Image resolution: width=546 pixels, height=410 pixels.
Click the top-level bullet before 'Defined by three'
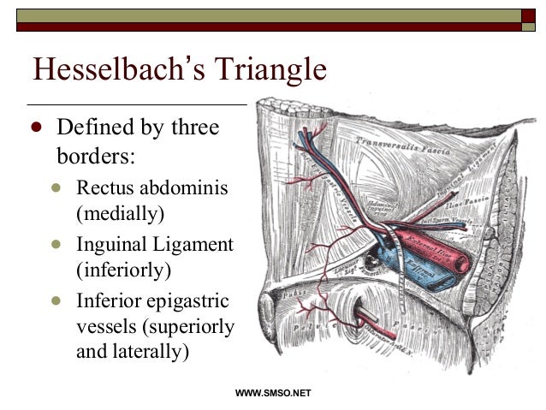pyautogui.click(x=36, y=128)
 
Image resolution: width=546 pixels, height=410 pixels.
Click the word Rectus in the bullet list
pyautogui.click(x=106, y=187)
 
